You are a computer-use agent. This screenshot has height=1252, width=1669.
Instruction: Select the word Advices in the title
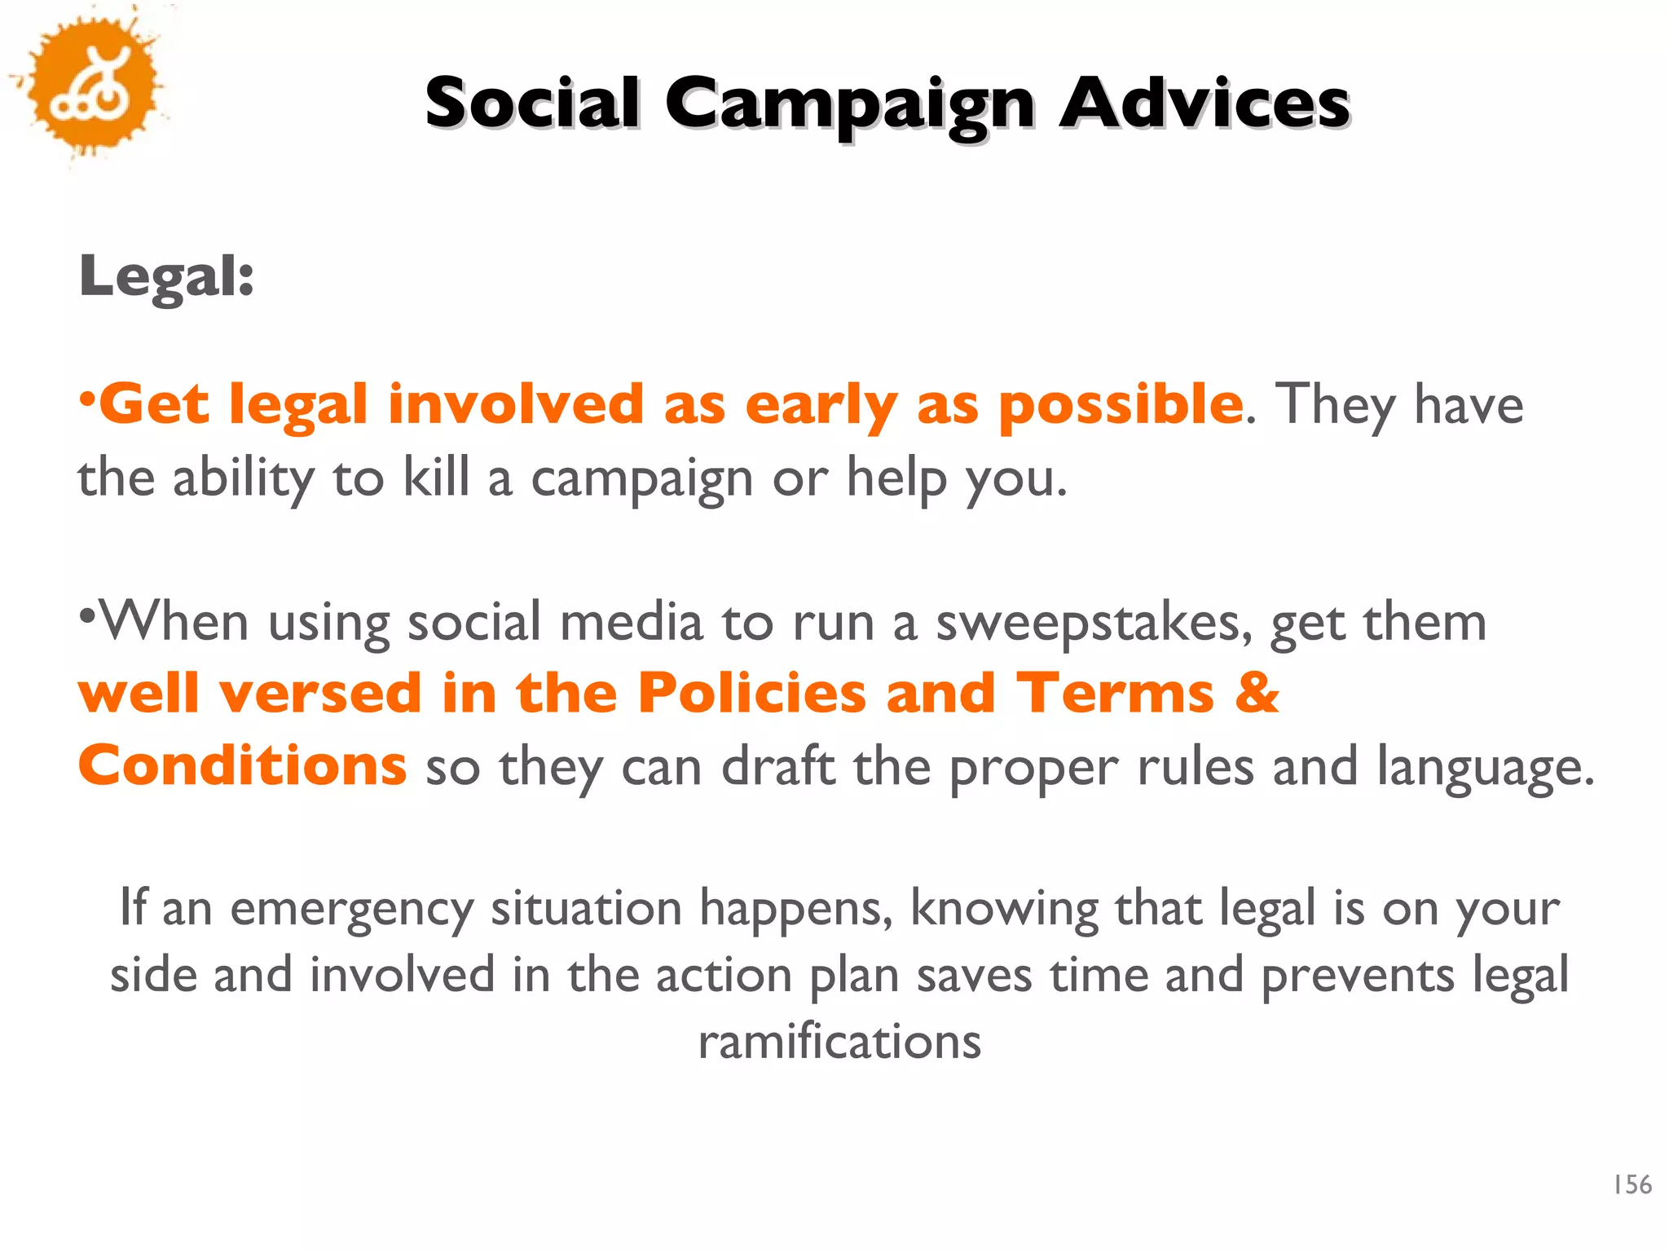tap(1204, 104)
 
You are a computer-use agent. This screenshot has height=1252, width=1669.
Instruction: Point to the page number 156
tap(1632, 1184)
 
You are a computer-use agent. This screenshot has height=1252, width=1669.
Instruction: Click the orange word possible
tap(1121, 405)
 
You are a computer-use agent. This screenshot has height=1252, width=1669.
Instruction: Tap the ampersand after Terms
tap(1257, 694)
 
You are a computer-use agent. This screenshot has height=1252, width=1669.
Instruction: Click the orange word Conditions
tap(242, 765)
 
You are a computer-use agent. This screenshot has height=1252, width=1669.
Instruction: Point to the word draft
tap(778, 766)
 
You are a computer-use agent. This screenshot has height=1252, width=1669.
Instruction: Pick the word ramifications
tap(839, 1042)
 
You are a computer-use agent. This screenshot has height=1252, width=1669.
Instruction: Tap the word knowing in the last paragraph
tap(1004, 908)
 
